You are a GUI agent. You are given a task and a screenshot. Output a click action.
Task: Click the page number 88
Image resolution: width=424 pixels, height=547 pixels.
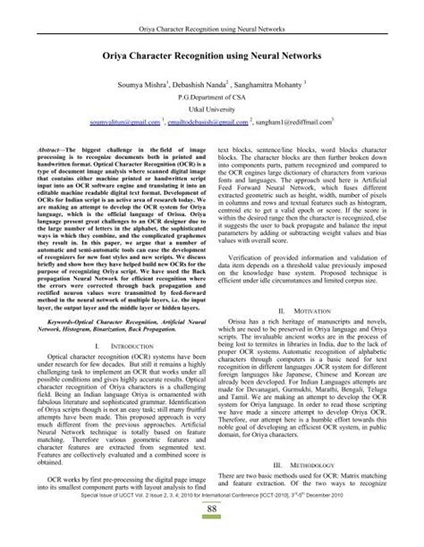click(x=212, y=534)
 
